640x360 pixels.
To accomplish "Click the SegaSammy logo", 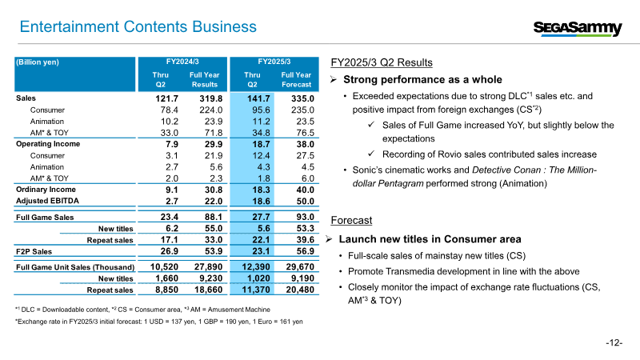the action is [x=578, y=28].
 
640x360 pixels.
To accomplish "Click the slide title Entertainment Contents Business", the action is [x=138, y=26].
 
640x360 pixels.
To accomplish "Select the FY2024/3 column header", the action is [x=182, y=62].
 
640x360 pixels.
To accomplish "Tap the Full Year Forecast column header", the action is [x=296, y=79].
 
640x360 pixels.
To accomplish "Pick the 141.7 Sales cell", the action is [x=258, y=98].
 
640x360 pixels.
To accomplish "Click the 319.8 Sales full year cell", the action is [x=211, y=98].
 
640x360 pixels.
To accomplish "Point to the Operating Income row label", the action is [x=48, y=144].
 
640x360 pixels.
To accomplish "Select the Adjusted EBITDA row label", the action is [x=47, y=201].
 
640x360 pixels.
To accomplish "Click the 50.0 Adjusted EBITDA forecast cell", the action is [x=305, y=202].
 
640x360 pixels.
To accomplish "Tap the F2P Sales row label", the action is [x=34, y=252].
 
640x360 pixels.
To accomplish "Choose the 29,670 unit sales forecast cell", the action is [x=300, y=267].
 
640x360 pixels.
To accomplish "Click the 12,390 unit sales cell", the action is [x=256, y=267].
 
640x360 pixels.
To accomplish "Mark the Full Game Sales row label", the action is [x=45, y=218].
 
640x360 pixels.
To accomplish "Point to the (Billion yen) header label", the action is [x=38, y=62].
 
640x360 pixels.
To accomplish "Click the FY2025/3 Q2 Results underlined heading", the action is [x=382, y=62].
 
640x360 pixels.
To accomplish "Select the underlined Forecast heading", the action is [x=351, y=221].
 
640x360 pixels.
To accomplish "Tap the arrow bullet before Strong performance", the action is [x=334, y=79].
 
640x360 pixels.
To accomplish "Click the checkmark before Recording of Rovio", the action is [x=371, y=154].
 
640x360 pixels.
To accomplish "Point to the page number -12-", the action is [x=614, y=343].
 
